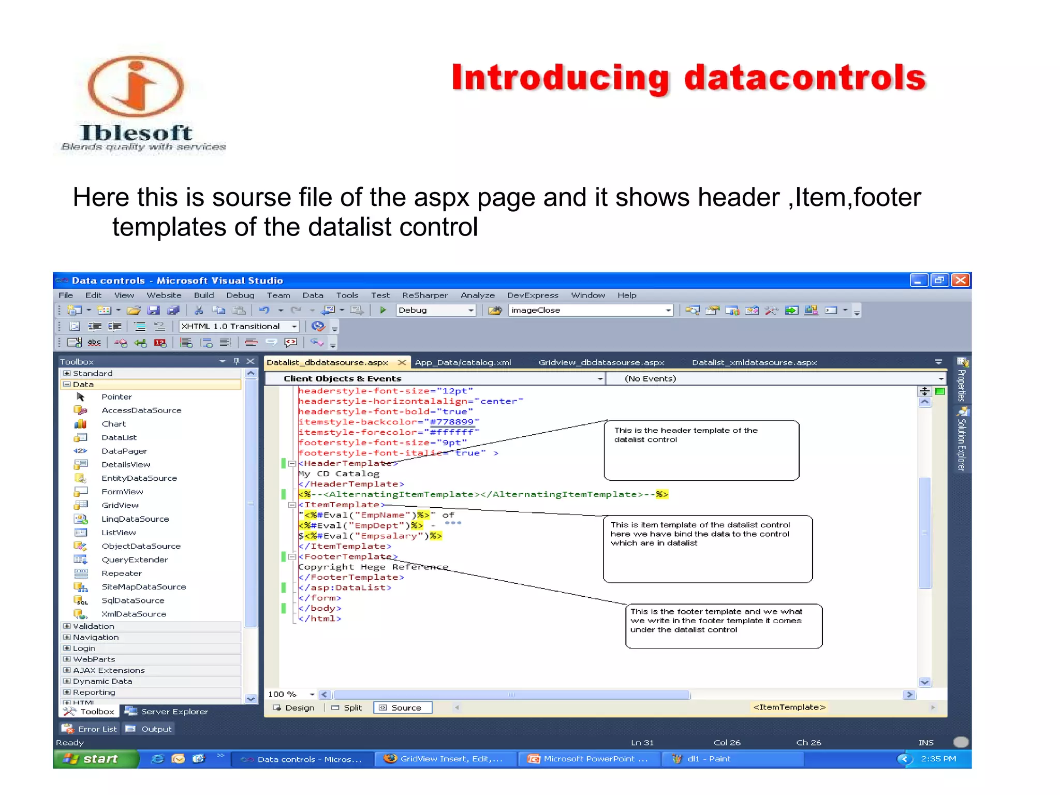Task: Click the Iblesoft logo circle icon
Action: click(136, 86)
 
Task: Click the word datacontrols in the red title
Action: click(805, 78)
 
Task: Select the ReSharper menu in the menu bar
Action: click(424, 295)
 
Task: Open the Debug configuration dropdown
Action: click(470, 310)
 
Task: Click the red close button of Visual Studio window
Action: click(961, 280)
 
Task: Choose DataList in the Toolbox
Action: click(119, 437)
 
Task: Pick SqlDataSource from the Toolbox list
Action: click(132, 600)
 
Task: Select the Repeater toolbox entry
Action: click(122, 573)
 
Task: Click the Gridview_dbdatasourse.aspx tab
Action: click(601, 362)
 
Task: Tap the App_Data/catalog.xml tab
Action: click(463, 362)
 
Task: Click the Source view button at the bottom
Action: click(403, 708)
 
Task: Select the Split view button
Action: click(347, 708)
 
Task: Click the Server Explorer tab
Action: click(167, 712)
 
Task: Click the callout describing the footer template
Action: click(723, 626)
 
